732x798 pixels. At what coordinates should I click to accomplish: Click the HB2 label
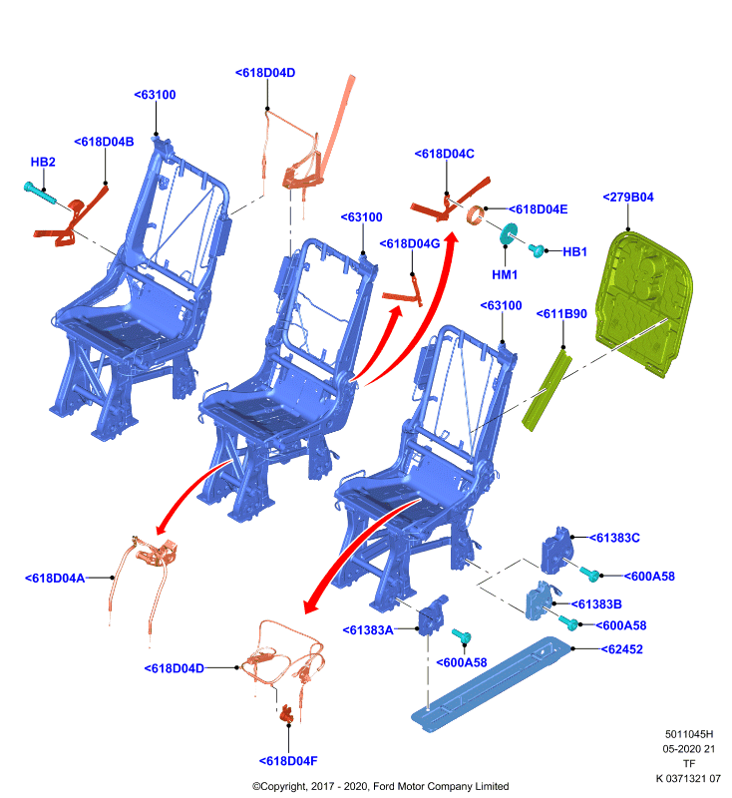tap(43, 162)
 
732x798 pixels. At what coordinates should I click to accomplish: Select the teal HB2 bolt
tap(40, 194)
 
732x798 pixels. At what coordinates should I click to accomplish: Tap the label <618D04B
tap(104, 142)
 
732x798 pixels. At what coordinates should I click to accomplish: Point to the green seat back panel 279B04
tap(644, 302)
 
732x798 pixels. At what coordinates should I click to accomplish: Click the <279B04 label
tap(627, 197)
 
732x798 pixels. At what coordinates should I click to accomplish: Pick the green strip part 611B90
tap(548, 390)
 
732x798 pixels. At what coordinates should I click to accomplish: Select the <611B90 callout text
tap(561, 313)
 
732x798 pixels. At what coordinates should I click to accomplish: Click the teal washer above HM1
tap(509, 233)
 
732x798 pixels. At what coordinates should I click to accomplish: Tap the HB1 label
tap(574, 251)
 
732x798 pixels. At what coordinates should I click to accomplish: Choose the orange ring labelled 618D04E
tap(476, 214)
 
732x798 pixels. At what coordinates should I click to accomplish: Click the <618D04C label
tap(444, 154)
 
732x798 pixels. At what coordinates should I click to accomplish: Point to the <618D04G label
tap(410, 243)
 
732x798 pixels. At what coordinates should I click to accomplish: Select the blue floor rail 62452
tap(492, 684)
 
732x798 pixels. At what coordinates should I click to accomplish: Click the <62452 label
tap(621, 649)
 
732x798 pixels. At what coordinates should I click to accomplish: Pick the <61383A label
tap(368, 630)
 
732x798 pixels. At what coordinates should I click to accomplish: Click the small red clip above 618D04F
tap(287, 713)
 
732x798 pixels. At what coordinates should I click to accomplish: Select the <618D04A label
tap(55, 579)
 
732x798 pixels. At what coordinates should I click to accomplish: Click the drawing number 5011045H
tap(689, 734)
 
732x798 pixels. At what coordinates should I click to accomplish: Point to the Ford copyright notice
tap(381, 786)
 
